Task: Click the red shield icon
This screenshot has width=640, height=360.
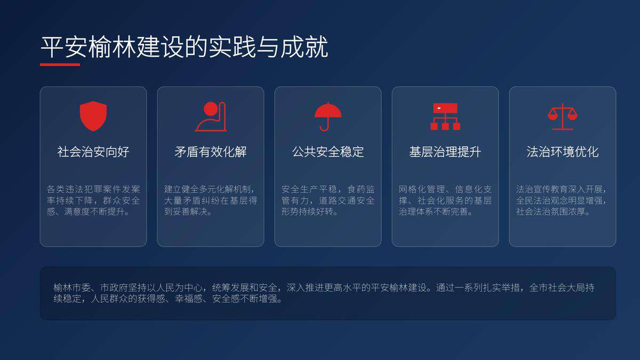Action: [93, 116]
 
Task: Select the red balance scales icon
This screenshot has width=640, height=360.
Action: [563, 116]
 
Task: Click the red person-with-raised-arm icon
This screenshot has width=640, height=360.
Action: [211, 116]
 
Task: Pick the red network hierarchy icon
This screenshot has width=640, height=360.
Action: [445, 116]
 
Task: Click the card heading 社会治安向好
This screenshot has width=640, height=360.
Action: [93, 152]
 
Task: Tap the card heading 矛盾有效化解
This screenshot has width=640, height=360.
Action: [211, 152]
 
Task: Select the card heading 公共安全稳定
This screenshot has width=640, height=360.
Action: [328, 152]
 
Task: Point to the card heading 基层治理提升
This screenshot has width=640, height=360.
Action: [445, 152]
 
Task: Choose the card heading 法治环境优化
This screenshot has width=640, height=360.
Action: [563, 152]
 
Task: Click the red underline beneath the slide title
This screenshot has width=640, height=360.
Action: [60, 65]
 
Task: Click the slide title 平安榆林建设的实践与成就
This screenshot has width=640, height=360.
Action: [184, 47]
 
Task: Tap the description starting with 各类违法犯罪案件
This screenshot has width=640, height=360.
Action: [93, 201]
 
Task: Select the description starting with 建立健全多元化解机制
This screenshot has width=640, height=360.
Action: [211, 201]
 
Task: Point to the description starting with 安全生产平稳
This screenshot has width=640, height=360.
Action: [328, 201]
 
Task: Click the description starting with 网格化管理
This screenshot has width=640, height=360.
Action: [445, 201]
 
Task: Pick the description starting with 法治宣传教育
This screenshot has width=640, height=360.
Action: [563, 201]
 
